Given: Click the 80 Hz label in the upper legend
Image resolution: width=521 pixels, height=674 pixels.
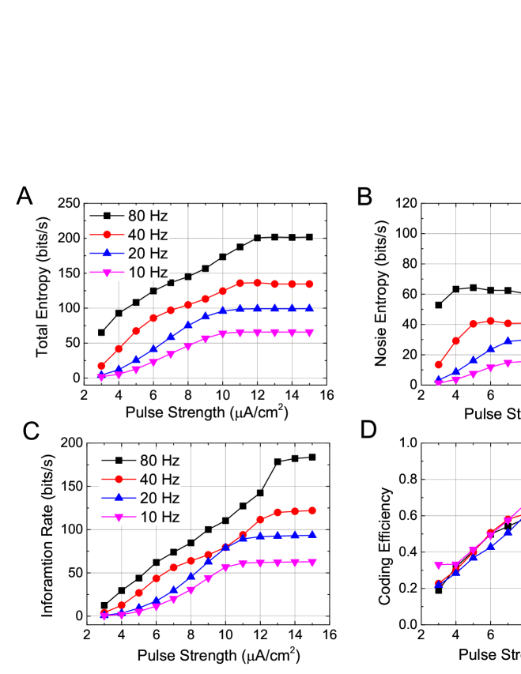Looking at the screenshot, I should [148, 215].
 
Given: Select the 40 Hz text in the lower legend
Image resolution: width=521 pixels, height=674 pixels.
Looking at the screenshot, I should [160, 480].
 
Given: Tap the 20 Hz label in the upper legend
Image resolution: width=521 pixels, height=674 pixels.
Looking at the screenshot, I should [148, 254].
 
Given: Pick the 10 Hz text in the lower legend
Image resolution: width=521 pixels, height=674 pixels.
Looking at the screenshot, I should [160, 518].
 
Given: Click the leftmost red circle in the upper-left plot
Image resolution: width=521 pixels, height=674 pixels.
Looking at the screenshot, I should [101, 366].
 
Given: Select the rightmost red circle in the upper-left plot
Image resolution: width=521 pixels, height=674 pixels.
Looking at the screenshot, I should [309, 284].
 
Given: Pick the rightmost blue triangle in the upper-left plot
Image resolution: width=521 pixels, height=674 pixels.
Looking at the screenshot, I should [309, 307].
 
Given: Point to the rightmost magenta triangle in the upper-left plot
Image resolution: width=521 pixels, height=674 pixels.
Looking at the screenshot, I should [309, 333].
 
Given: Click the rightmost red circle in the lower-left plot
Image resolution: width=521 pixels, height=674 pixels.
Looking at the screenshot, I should [312, 510].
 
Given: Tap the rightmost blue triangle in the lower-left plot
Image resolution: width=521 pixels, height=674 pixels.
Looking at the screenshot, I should [312, 535].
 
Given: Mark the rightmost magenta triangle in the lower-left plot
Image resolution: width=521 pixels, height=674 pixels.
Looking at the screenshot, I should [312, 563].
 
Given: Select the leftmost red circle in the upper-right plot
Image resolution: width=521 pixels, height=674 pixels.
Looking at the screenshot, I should [439, 364].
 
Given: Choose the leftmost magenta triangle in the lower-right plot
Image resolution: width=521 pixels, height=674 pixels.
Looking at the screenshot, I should [439, 566].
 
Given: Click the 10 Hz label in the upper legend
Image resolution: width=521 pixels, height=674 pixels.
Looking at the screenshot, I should [148, 273].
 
